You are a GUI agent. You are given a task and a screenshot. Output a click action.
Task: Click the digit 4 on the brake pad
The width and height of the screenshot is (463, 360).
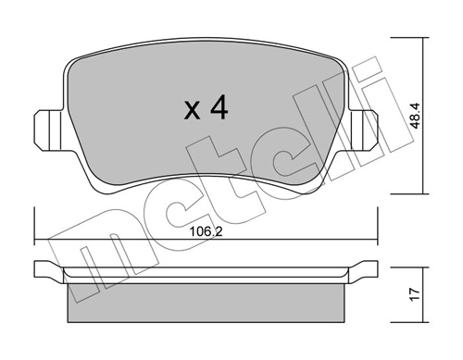(x=219, y=109)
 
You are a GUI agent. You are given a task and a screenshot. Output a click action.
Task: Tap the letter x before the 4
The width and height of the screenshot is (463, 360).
(x=192, y=113)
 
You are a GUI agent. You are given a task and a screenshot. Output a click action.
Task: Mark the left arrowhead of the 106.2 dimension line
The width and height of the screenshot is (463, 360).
(x=38, y=242)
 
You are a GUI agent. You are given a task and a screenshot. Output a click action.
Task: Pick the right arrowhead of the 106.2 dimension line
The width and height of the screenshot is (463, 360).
(x=375, y=242)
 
